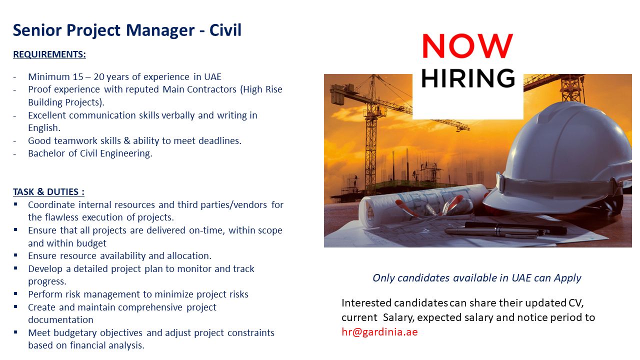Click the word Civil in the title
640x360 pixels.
tap(225, 30)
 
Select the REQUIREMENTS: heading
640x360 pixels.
tap(49, 54)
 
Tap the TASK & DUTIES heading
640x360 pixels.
tap(48, 191)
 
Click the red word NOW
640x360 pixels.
tap(467, 45)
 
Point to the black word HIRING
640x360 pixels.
tap(468, 78)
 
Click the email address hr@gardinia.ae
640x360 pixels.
tap(379, 331)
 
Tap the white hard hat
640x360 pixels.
tap(560, 160)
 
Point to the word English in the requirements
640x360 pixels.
tap(43, 128)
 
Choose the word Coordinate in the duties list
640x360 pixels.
tap(51, 205)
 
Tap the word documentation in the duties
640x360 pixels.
tap(60, 319)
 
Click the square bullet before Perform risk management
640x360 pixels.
tap(15, 293)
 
